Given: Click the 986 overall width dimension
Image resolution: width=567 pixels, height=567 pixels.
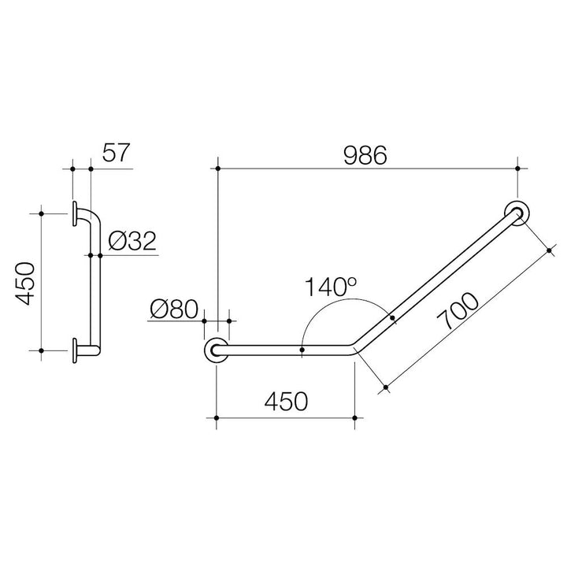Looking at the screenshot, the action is (x=365, y=155).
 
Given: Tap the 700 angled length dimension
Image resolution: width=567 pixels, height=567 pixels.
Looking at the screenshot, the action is (x=458, y=311).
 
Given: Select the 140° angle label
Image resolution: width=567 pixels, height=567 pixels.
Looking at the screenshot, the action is (x=331, y=287).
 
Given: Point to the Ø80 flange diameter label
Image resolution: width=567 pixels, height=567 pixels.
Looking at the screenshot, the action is (x=174, y=309).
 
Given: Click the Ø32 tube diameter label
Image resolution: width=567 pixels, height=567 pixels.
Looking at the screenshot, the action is (x=132, y=241).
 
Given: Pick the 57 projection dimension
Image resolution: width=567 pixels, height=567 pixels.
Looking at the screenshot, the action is (x=116, y=153).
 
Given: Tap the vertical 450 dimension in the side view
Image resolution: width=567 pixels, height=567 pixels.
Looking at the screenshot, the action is (x=25, y=283).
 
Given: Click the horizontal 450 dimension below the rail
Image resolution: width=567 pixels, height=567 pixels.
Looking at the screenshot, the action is (x=286, y=402).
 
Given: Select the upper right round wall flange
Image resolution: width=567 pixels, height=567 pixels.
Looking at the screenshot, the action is (x=517, y=213).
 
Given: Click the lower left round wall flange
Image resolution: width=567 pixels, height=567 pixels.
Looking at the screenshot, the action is (x=217, y=350).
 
